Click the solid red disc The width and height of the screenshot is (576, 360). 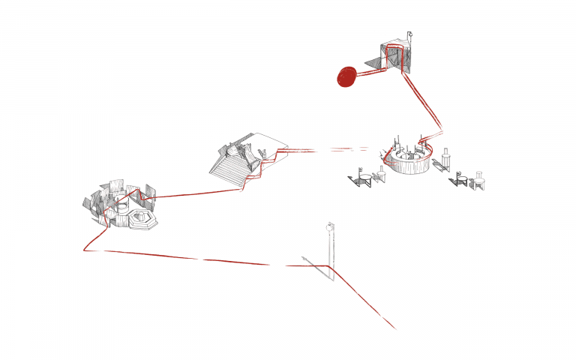point(347,76)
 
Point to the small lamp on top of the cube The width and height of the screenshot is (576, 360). point(409,34)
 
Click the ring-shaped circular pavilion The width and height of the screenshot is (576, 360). point(409,158)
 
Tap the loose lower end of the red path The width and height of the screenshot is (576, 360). point(394,328)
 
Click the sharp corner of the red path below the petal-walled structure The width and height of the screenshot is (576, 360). point(84,250)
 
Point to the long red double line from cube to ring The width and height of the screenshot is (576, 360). point(424,102)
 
